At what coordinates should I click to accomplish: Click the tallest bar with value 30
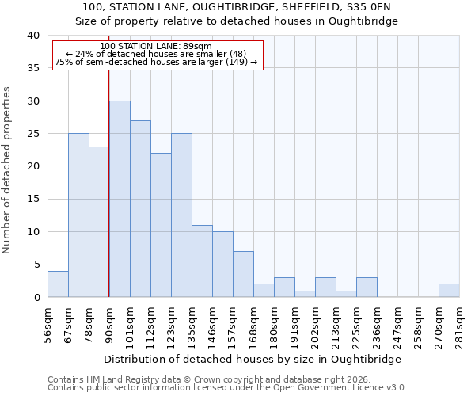coord(120,199)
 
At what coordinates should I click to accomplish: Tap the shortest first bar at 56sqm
coord(58,284)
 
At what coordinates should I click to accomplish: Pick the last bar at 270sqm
coord(449,290)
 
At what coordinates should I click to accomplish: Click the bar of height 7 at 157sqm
coord(243,274)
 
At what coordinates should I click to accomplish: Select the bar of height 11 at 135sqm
coord(202,261)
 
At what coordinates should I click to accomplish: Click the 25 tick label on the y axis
coord(32,134)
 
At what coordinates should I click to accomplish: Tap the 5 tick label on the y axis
coord(36,265)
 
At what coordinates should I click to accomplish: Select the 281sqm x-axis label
coord(459,323)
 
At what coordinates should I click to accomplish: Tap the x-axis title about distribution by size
coord(253,359)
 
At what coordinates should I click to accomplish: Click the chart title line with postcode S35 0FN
coord(237,7)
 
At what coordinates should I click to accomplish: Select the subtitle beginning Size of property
coord(237,21)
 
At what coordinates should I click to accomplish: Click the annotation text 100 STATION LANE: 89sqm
coord(156,47)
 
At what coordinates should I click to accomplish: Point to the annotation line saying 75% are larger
coord(156,62)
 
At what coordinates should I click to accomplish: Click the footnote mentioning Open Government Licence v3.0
coord(227,387)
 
